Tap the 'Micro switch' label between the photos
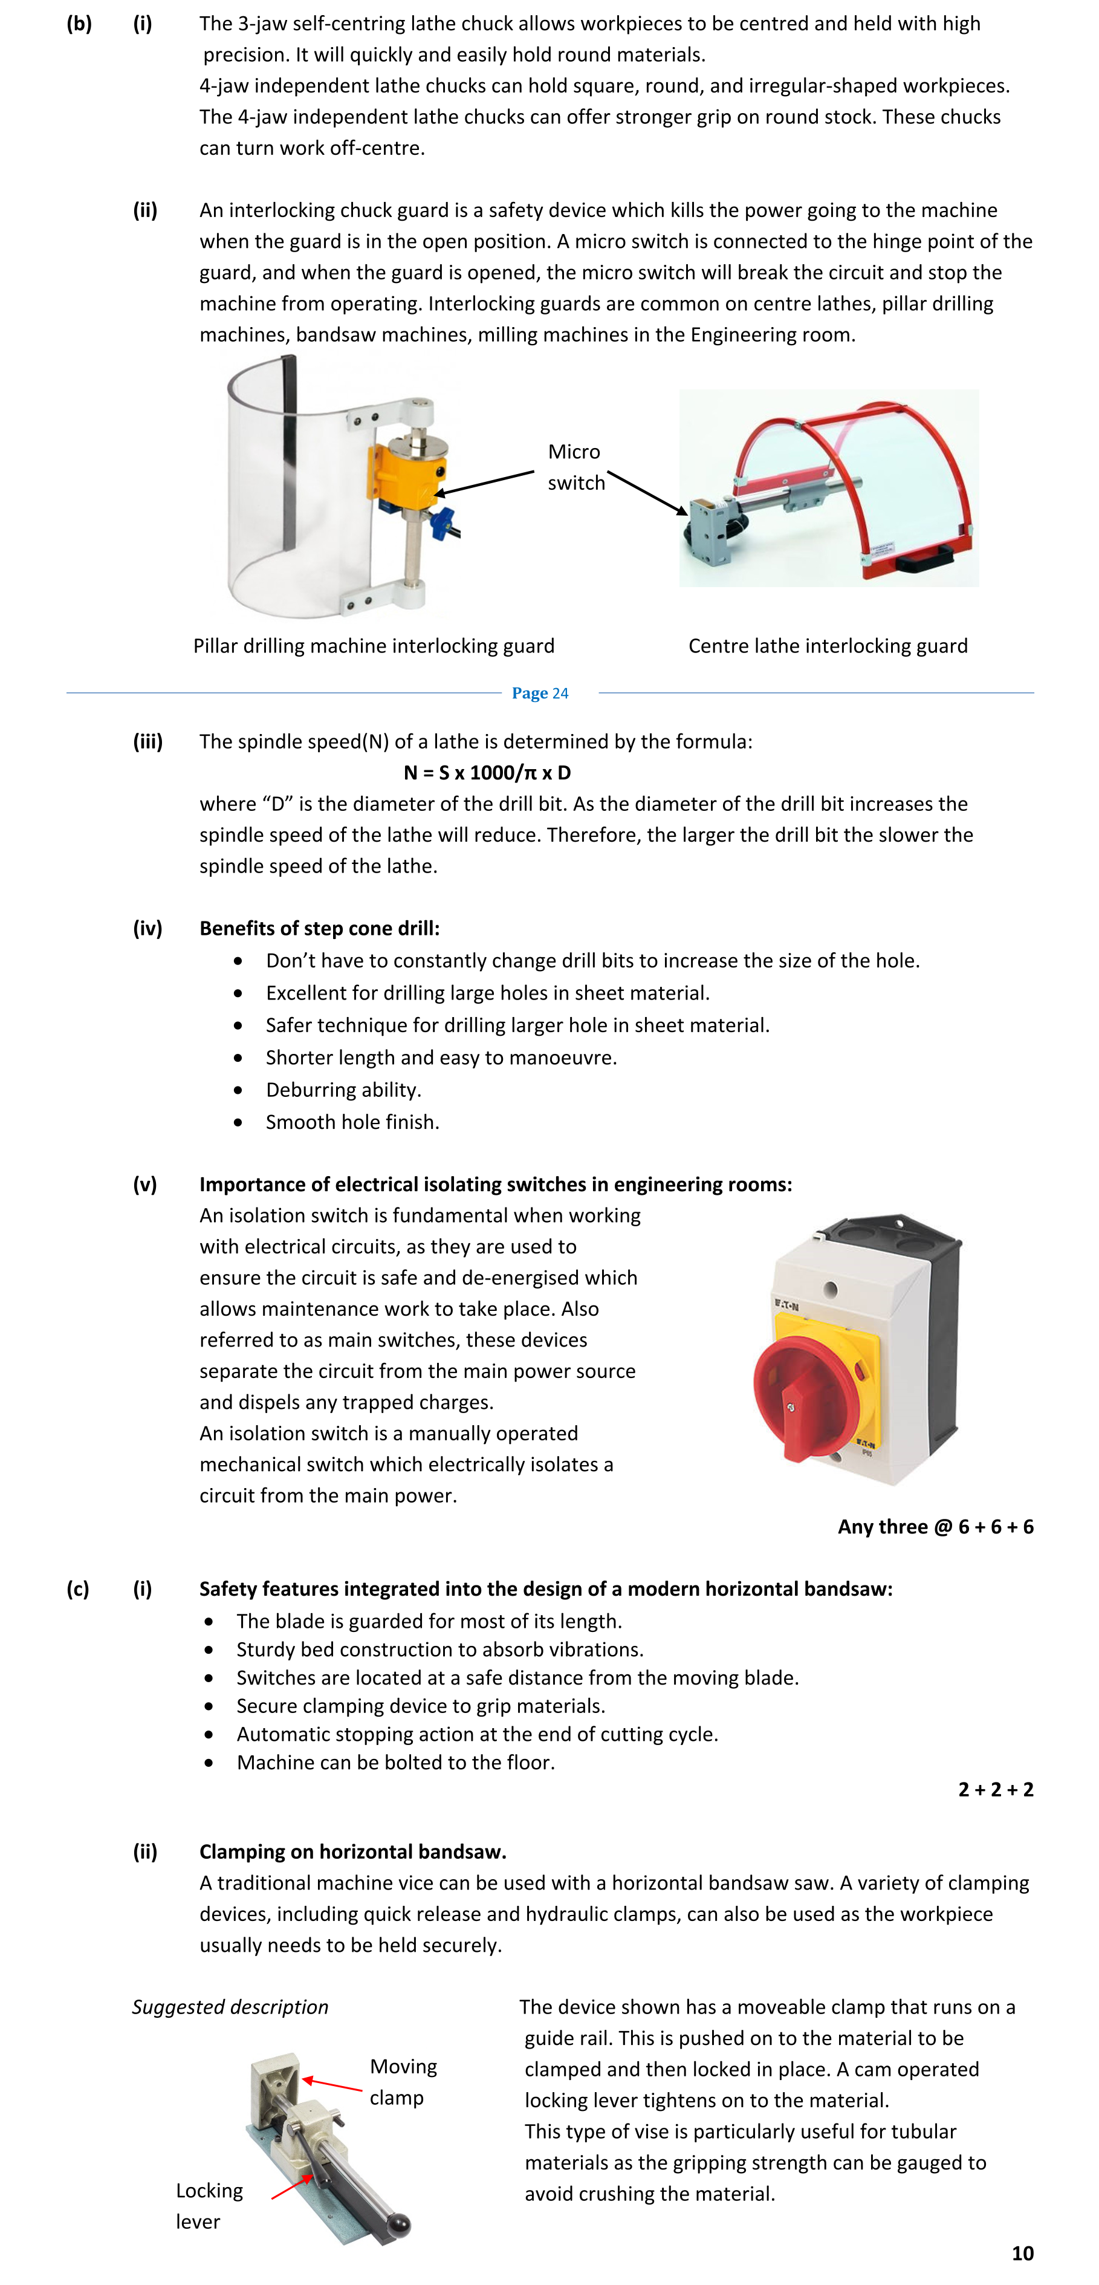tap(575, 467)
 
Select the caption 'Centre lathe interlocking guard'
tap(828, 646)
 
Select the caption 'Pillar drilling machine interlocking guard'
tap(374, 646)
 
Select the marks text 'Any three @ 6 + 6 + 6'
tap(935, 1527)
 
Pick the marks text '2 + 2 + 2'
tap(995, 1789)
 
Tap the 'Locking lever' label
tap(209, 2205)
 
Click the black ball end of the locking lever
tap(398, 2222)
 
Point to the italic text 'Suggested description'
tap(230, 2006)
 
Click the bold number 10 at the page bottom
tap(1022, 2253)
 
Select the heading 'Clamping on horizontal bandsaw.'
tap(352, 1851)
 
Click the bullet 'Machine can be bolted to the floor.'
tap(395, 1761)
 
